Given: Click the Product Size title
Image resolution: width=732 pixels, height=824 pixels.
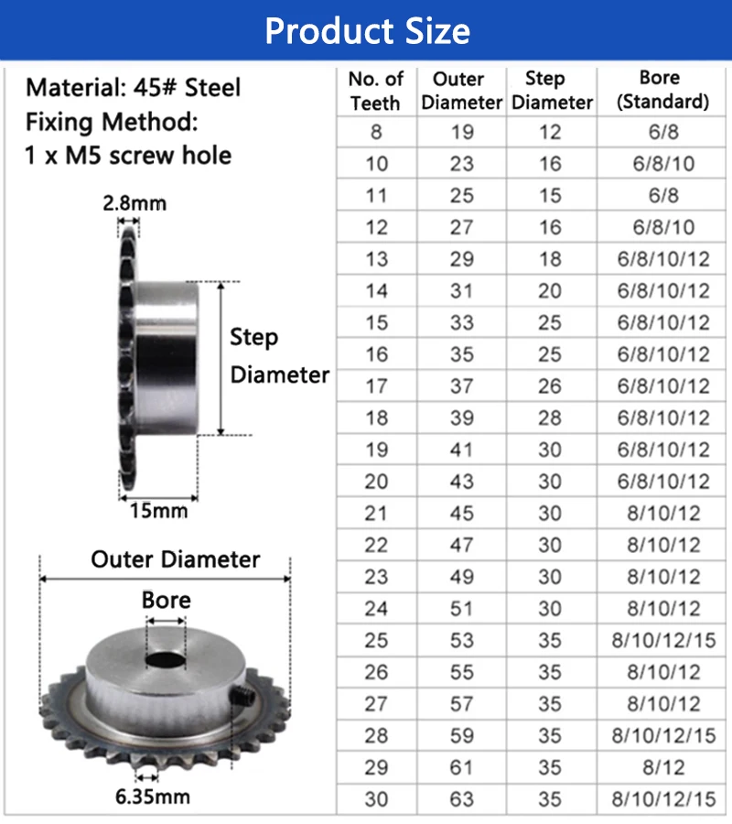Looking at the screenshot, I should tap(367, 31).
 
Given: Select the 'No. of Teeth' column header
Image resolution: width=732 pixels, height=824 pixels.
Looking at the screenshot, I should tap(376, 91).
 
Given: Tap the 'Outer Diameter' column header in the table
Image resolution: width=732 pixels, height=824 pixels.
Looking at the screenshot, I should tap(462, 91).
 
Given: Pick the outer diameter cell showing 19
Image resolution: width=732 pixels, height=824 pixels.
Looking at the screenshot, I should tap(462, 132).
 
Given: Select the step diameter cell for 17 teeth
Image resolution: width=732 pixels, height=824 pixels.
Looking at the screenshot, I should tap(550, 386).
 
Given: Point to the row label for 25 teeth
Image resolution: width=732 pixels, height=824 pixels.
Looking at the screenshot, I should tap(376, 640).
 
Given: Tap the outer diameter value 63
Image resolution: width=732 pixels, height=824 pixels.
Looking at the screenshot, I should tap(462, 799).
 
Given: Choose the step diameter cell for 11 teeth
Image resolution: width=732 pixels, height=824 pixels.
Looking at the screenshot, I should tap(550, 196).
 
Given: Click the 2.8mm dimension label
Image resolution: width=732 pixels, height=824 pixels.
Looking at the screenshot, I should tap(134, 203).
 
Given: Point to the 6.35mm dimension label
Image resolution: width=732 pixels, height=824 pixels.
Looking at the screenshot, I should tap(153, 796).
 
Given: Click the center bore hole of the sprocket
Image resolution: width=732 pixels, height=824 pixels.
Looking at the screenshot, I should tap(165, 659).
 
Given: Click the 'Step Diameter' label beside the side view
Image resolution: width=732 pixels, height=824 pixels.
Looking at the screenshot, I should tap(278, 356).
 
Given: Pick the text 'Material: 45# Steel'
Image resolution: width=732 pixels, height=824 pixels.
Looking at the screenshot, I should tap(134, 88).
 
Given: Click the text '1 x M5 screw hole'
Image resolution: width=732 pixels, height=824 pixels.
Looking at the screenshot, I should tap(128, 156).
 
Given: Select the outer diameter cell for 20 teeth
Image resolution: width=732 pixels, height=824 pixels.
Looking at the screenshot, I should tap(462, 482).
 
